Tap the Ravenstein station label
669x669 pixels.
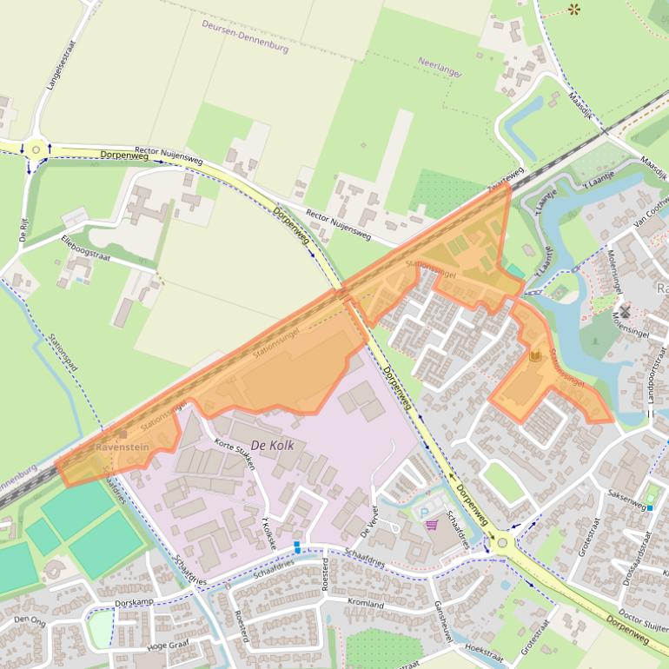click(123, 447)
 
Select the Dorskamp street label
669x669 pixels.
click(134, 602)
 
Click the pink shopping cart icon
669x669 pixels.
click(431, 525)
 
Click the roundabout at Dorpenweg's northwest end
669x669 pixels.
click(36, 149)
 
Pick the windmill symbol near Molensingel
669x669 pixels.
click(624, 311)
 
